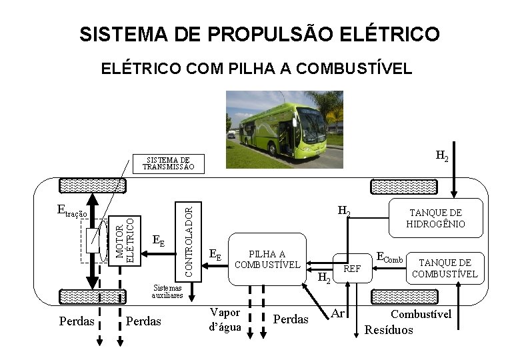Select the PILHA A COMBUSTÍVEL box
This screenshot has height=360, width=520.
[x=267, y=259]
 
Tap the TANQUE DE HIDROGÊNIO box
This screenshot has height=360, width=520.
[x=435, y=218]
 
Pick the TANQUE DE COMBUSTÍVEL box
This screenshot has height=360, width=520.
[x=445, y=268]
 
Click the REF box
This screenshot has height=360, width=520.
[x=351, y=269]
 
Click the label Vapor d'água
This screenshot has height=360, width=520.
[x=224, y=319]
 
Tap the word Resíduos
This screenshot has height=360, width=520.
[x=389, y=330]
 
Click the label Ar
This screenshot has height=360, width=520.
[x=338, y=313]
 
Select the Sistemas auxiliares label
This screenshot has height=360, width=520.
[x=167, y=291]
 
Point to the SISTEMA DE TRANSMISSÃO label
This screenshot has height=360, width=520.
[x=168, y=164]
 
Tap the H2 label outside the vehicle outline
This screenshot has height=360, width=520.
[x=442, y=157]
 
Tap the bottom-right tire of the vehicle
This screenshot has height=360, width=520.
[x=395, y=296]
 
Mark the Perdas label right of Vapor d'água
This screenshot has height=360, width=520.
[x=291, y=319]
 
